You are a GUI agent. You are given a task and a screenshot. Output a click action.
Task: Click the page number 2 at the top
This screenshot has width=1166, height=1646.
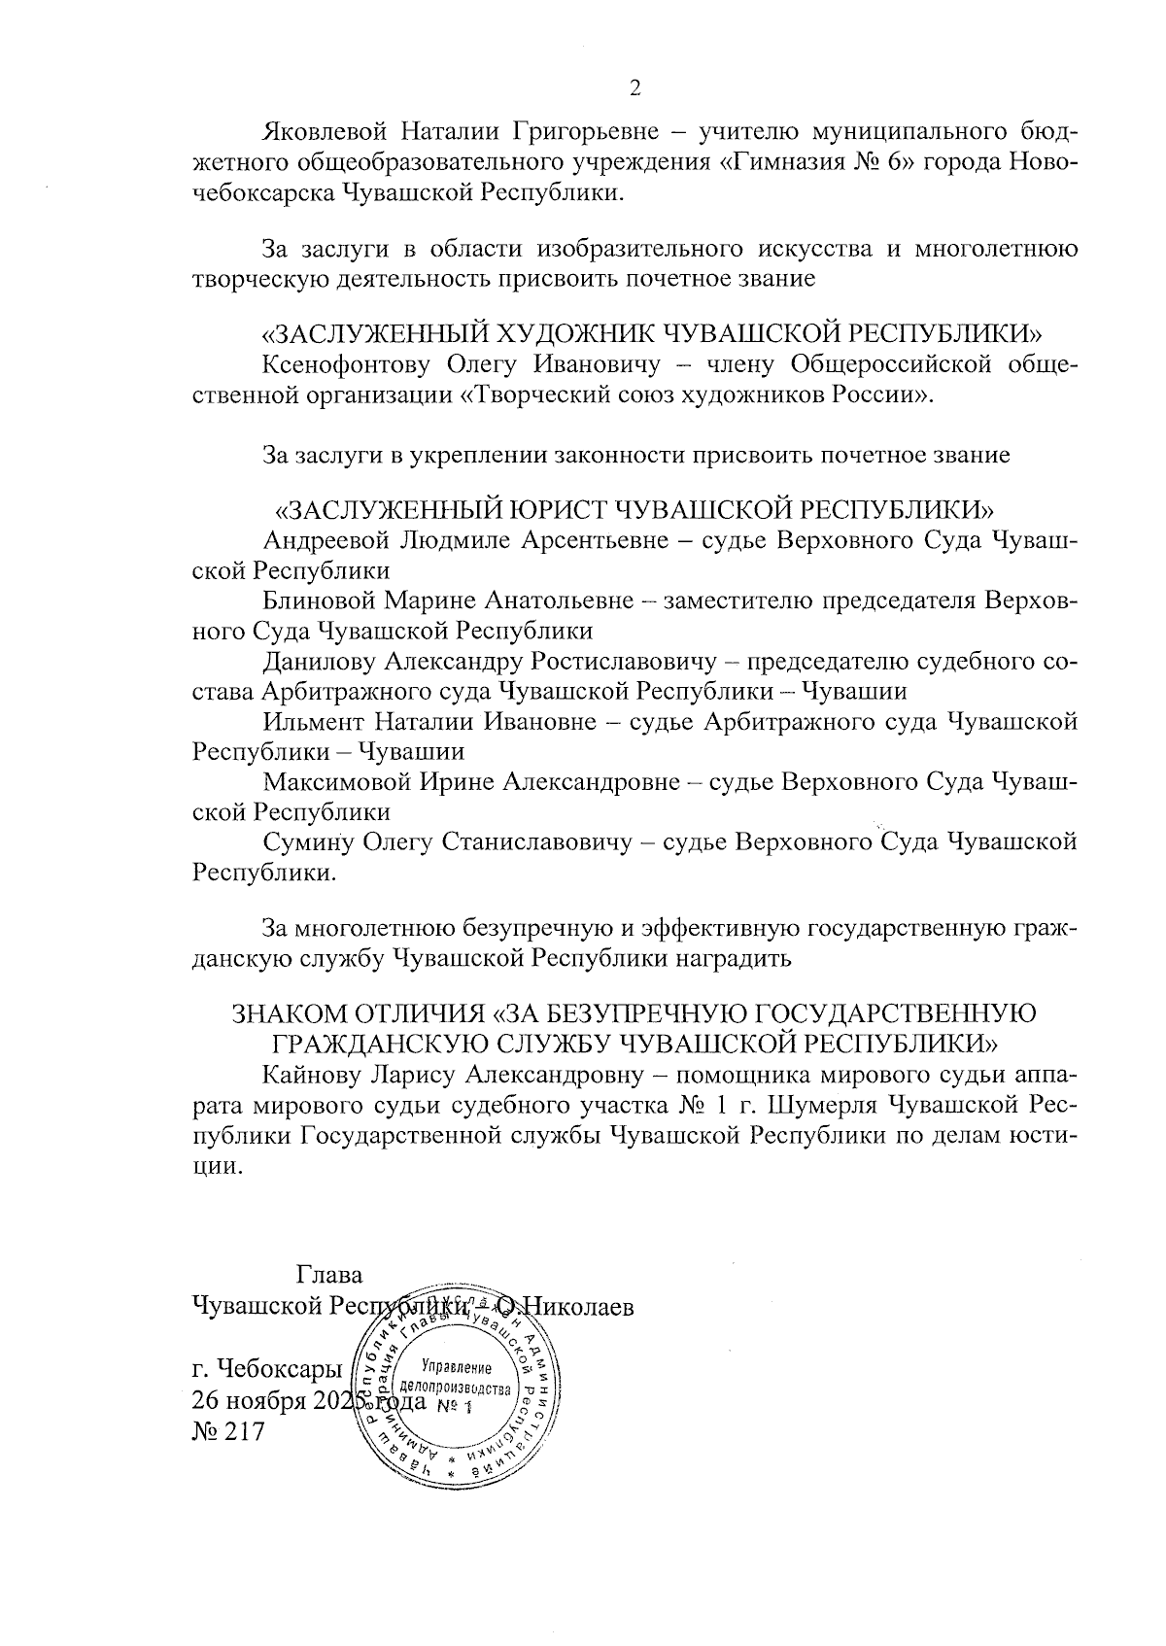(x=635, y=89)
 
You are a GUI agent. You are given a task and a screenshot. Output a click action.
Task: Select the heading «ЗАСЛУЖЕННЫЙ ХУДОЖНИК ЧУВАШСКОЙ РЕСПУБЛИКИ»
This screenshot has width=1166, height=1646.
(x=652, y=334)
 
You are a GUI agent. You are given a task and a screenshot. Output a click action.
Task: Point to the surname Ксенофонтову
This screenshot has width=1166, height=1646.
(x=346, y=364)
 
